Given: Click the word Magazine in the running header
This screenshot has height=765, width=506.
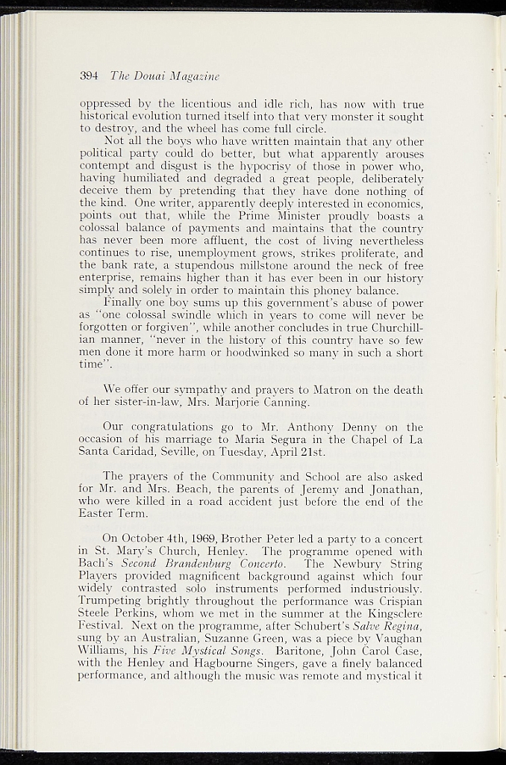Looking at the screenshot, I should click(195, 76).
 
